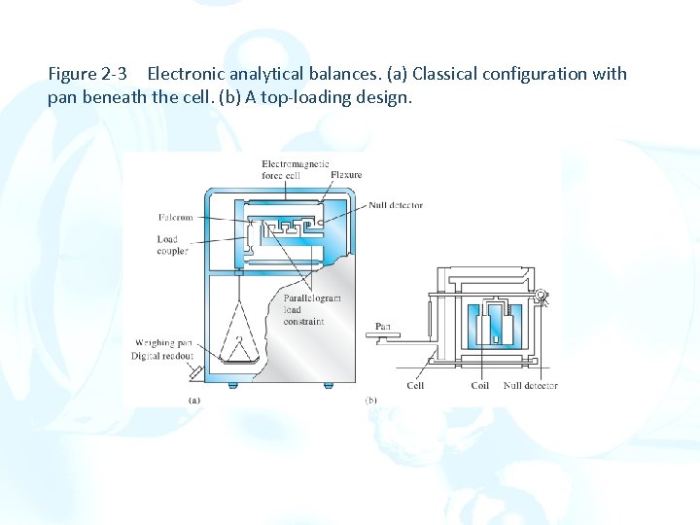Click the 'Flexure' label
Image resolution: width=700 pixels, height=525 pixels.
pyautogui.click(x=346, y=175)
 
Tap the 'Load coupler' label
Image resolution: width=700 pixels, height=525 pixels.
pyautogui.click(x=173, y=245)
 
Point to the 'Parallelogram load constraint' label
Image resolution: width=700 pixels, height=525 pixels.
pyautogui.click(x=312, y=309)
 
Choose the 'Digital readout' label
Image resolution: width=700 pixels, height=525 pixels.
pyautogui.click(x=163, y=356)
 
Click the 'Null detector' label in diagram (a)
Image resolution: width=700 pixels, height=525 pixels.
pyautogui.click(x=396, y=205)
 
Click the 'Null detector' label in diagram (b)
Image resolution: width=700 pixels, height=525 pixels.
pyautogui.click(x=530, y=386)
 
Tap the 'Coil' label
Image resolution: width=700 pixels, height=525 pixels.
pyautogui.click(x=479, y=386)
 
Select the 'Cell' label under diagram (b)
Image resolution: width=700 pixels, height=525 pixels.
pyautogui.click(x=415, y=386)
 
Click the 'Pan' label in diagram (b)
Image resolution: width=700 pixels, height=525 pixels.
pyautogui.click(x=382, y=326)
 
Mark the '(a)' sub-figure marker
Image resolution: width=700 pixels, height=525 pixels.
pyautogui.click(x=193, y=400)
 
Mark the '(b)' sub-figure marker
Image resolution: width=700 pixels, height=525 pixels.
pyautogui.click(x=370, y=400)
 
